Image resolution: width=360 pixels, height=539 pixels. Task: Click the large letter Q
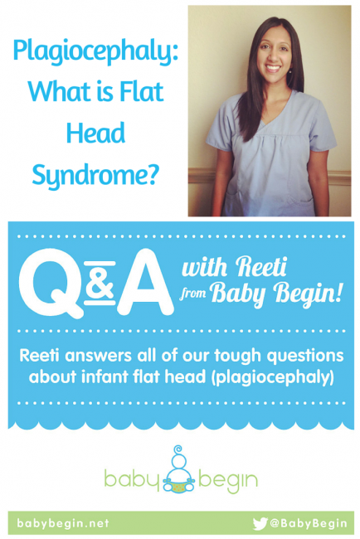(x=51, y=282)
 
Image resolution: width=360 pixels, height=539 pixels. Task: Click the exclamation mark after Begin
(x=338, y=291)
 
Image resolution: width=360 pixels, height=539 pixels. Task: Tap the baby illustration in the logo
(x=179, y=469)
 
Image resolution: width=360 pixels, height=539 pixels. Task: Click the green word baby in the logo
(x=133, y=478)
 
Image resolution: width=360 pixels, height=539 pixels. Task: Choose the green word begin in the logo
(x=227, y=480)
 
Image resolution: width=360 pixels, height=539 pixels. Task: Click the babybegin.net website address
(x=63, y=523)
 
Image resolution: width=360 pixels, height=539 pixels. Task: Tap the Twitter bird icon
(x=260, y=523)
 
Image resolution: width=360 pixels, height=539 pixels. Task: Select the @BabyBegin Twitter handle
(x=309, y=523)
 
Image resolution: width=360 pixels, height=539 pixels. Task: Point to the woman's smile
(x=274, y=68)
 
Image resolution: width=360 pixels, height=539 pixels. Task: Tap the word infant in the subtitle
(x=103, y=376)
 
